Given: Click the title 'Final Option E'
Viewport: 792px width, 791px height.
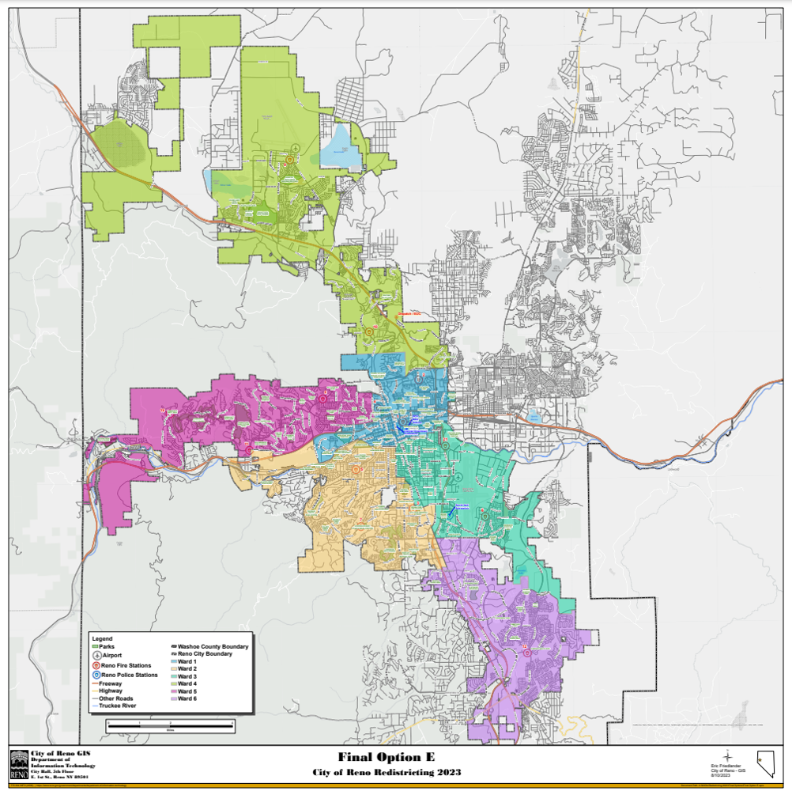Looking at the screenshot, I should (x=386, y=757).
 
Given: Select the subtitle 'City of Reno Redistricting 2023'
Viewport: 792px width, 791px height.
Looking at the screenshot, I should (x=386, y=771).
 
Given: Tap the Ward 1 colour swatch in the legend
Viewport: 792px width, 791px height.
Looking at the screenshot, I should (x=173, y=661).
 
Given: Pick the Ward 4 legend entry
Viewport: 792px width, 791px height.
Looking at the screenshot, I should (x=187, y=684).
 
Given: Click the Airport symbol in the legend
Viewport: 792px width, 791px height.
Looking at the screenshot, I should (x=96, y=656).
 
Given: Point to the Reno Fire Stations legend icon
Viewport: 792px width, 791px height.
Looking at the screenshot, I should (x=96, y=665).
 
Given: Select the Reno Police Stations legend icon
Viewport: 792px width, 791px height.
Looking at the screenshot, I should (x=96, y=675).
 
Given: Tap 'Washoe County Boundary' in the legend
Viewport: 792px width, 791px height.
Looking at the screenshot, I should (x=212, y=646).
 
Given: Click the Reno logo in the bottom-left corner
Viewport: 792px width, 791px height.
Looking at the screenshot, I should (x=18, y=765).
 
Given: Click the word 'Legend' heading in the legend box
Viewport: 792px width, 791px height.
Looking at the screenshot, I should (x=103, y=638).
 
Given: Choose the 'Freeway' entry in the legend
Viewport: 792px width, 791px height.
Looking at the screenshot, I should (x=111, y=683).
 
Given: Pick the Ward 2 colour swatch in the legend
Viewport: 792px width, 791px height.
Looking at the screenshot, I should (x=173, y=669).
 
